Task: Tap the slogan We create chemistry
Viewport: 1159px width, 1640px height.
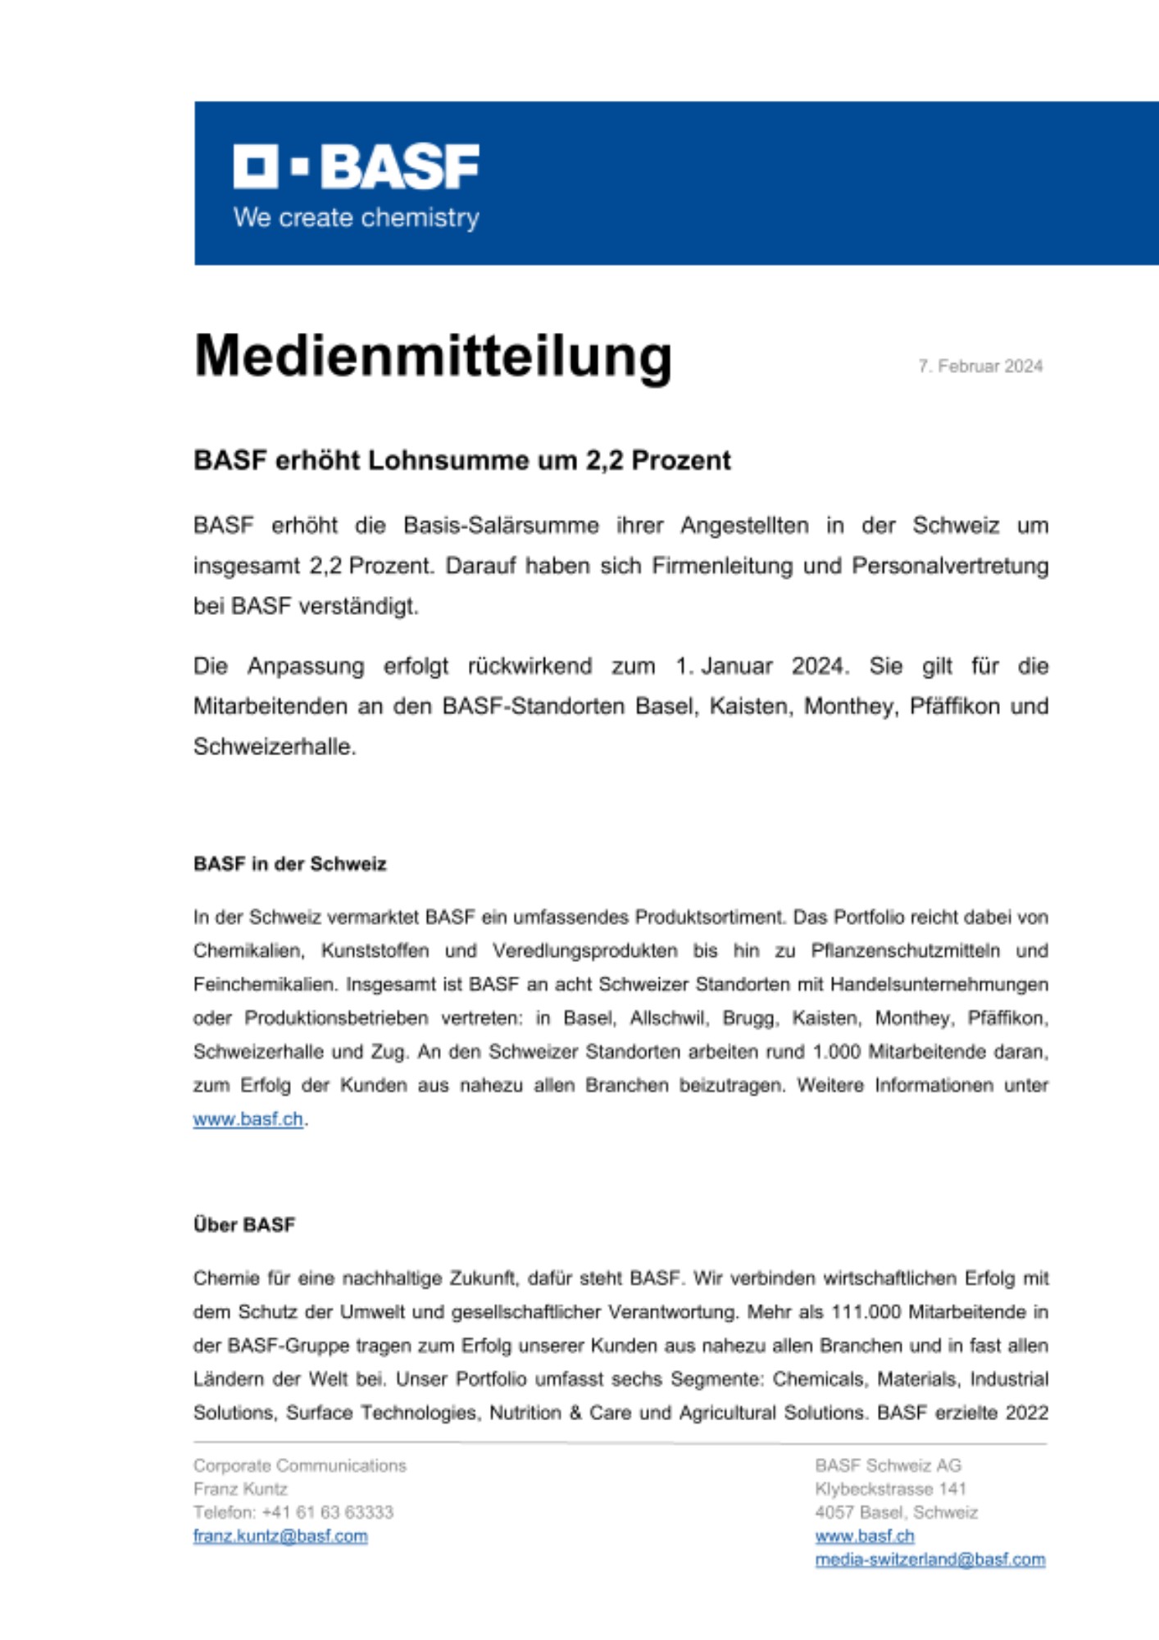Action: (356, 218)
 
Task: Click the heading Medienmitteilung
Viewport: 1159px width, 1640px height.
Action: (433, 356)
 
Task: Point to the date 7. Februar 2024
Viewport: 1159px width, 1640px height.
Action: (980, 367)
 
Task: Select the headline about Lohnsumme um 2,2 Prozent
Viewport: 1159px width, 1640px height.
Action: (461, 461)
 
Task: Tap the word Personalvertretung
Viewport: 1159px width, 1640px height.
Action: (950, 567)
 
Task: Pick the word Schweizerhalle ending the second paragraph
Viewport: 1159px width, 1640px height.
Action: (273, 747)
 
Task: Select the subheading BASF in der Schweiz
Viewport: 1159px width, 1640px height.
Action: (289, 864)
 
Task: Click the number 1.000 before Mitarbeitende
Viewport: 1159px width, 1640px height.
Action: (837, 1052)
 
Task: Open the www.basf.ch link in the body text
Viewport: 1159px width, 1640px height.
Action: (248, 1119)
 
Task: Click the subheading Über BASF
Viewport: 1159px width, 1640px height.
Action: (243, 1225)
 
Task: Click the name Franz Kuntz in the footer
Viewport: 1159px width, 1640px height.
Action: (240, 1489)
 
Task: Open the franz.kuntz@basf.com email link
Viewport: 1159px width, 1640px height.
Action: (280, 1536)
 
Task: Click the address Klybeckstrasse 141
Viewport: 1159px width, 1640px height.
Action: (890, 1489)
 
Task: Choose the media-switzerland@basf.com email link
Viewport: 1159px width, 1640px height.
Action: (929, 1560)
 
